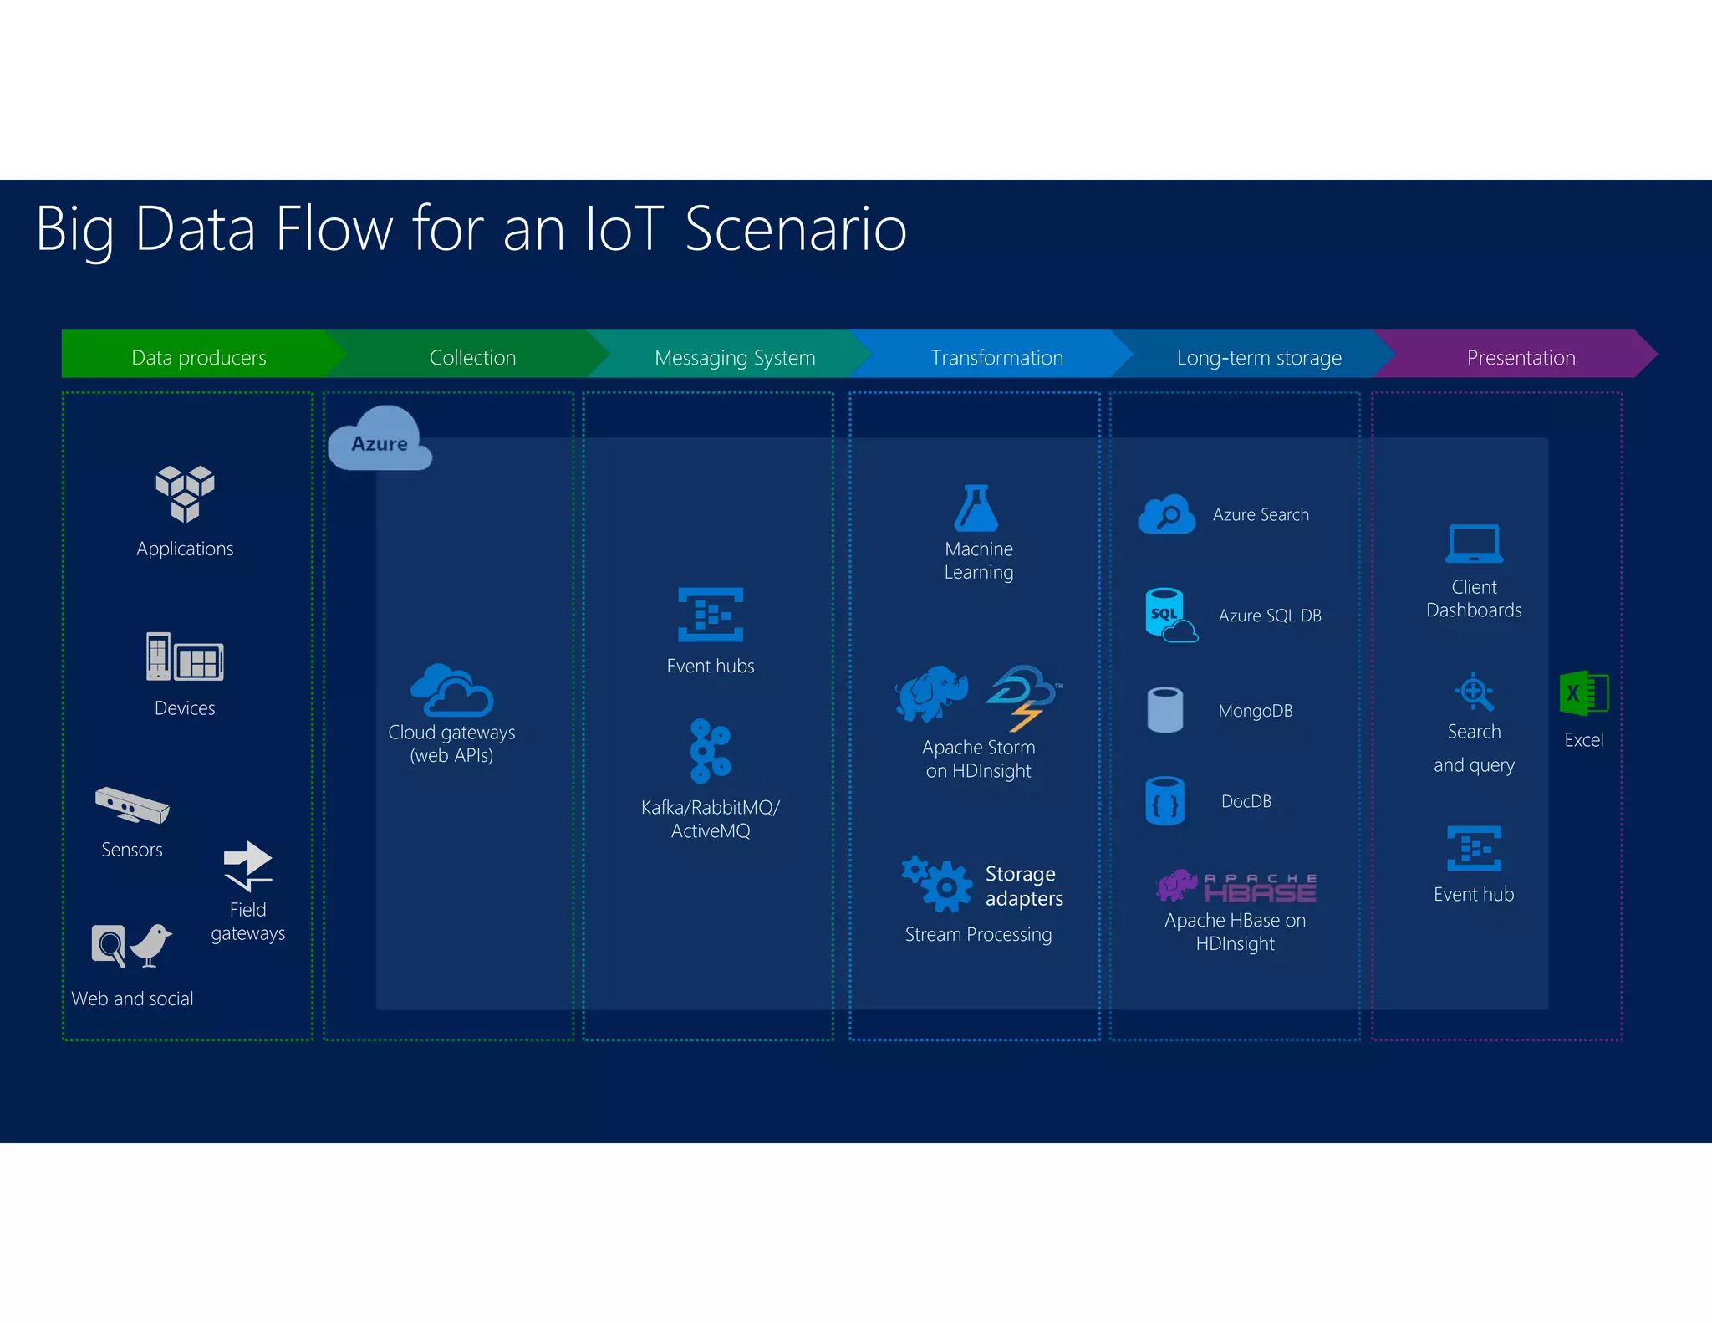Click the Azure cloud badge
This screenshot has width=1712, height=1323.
coord(380,441)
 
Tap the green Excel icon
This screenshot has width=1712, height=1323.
coord(1583,693)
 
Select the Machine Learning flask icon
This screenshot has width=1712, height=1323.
coord(976,508)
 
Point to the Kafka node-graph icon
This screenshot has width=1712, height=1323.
coord(710,750)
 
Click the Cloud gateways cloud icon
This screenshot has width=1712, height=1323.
coord(451,690)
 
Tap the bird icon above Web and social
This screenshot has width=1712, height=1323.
coord(152,945)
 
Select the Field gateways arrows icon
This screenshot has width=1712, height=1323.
coord(247,866)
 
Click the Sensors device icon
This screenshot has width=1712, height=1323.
coord(132,805)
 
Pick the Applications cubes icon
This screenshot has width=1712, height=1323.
coord(185,493)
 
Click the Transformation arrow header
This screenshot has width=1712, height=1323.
coord(996,357)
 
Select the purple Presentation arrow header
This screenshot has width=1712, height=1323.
coord(1520,357)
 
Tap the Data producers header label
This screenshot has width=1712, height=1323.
coord(199,357)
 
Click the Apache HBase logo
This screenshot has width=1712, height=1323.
coord(1236,886)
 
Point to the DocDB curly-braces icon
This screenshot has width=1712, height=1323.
coord(1164,801)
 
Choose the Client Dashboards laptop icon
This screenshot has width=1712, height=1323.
coord(1474,544)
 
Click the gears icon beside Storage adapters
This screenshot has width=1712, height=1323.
coord(938,882)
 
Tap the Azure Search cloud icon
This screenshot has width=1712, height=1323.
coord(1167,513)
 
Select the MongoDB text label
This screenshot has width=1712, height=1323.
coord(1255,711)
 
